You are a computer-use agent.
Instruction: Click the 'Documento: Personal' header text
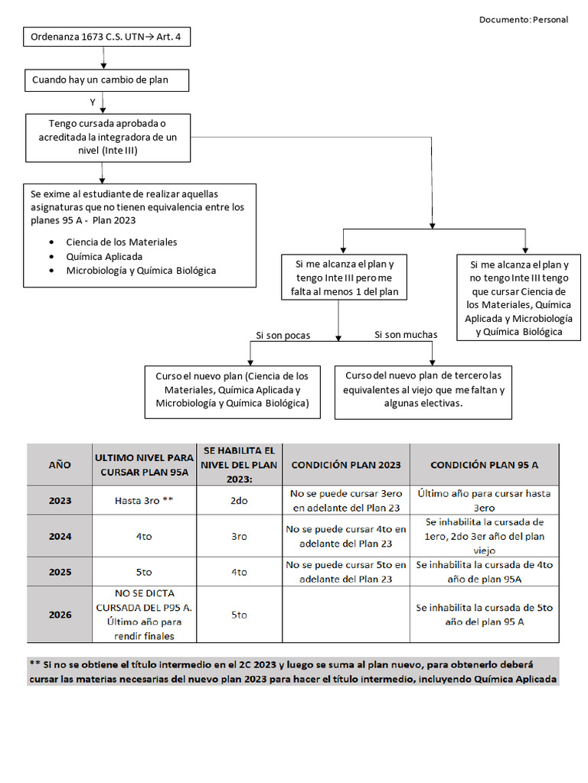[523, 20]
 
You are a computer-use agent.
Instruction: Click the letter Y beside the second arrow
[93, 102]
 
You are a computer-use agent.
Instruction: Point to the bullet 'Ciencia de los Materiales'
[121, 242]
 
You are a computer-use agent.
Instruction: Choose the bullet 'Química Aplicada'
[104, 256]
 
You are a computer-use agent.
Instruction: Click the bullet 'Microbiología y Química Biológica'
[141, 271]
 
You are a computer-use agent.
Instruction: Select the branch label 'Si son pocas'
[283, 335]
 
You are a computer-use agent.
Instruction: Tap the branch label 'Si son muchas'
[406, 335]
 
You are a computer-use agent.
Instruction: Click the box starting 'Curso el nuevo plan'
[232, 391]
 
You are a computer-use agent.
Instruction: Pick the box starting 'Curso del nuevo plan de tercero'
[423, 391]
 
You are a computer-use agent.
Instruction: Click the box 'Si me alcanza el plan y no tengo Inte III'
[518, 297]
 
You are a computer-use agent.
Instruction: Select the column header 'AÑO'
[60, 464]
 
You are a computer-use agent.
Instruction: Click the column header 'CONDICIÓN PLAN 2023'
[345, 464]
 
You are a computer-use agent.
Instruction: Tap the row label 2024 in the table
[60, 537]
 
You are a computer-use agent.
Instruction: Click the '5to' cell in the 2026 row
[239, 614]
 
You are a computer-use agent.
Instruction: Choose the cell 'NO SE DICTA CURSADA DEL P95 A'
[145, 614]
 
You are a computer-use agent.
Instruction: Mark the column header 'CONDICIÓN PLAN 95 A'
[484, 464]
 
